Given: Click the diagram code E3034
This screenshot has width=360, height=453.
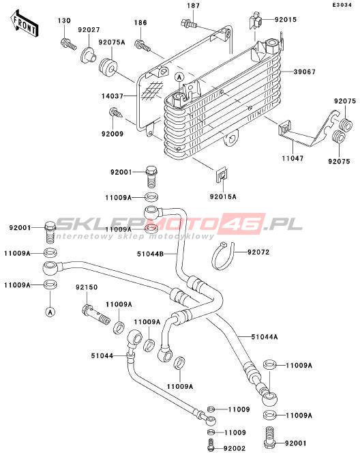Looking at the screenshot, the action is click(342, 5).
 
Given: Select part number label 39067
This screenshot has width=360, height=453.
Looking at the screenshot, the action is click(305, 72).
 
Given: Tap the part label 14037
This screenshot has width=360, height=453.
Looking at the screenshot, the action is click(112, 96).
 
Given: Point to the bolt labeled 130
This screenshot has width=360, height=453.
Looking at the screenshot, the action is click(68, 44).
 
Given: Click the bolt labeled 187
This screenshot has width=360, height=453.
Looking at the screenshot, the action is click(188, 23).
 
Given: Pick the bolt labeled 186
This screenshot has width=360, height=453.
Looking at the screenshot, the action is click(142, 45).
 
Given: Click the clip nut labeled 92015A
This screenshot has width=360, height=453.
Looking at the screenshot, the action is click(222, 175).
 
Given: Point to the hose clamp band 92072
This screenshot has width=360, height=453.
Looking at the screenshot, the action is click(222, 256).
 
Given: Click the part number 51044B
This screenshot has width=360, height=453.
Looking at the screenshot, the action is click(150, 254).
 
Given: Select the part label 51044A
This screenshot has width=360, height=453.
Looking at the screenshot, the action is click(265, 336).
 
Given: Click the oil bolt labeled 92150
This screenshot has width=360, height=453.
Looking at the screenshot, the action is click(96, 315).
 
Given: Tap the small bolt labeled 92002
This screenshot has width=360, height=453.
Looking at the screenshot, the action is click(211, 444).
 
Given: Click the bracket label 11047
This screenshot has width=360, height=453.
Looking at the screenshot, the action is click(292, 158).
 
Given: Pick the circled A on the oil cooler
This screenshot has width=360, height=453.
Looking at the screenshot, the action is click(179, 77).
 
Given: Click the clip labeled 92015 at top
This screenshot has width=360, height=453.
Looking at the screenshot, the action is click(255, 20).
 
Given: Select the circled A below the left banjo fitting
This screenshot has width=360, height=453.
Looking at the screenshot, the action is click(50, 312).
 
